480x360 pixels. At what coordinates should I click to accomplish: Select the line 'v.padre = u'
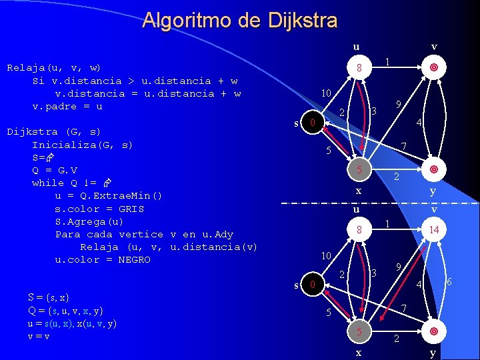click(67, 106)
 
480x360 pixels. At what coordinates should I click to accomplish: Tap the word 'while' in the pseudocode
click(47, 183)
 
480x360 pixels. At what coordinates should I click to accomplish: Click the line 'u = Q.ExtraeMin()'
click(109, 195)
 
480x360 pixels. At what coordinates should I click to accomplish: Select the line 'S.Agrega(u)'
click(89, 221)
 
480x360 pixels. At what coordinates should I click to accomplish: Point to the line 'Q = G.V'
click(55, 170)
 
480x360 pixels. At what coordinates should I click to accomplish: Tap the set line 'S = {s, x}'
click(49, 297)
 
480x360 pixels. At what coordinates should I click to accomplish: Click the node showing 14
click(433, 229)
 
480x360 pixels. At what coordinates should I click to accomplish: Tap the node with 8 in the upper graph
click(359, 68)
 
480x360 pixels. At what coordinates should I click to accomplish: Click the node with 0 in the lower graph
click(310, 285)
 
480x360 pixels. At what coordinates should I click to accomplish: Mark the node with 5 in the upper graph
click(359, 170)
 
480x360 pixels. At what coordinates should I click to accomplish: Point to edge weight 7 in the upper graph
click(404, 146)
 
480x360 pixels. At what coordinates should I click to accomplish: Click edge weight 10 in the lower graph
click(326, 255)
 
